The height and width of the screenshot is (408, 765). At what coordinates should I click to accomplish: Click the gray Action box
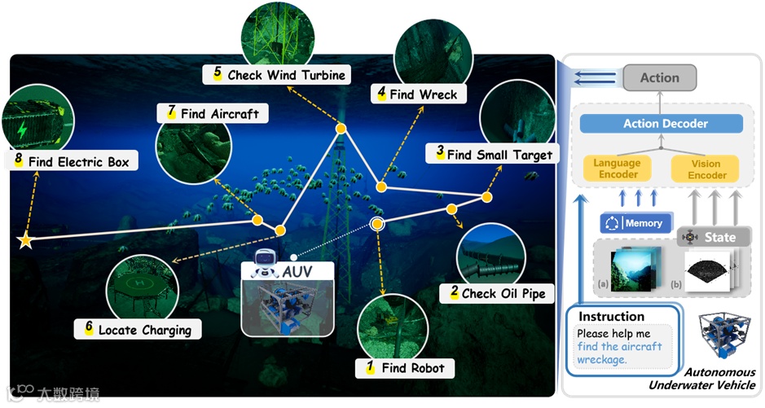click(x=659, y=78)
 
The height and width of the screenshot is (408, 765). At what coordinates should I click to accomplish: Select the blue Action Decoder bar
click(x=662, y=124)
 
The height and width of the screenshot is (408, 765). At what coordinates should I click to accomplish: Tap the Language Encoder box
click(x=617, y=169)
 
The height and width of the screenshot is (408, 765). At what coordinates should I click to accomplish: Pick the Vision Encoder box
click(x=706, y=169)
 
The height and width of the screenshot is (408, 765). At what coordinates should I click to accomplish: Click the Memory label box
click(x=635, y=223)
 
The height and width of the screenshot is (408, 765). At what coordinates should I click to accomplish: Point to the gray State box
click(x=712, y=237)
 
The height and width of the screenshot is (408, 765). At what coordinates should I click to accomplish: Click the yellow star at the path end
click(x=25, y=240)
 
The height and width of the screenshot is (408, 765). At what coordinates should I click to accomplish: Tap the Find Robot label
click(x=405, y=367)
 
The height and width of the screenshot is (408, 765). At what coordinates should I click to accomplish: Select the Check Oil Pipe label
click(x=498, y=292)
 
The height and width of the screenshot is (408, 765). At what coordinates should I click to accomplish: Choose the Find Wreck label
click(x=418, y=94)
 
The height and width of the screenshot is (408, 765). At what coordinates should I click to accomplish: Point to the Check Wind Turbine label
click(x=279, y=74)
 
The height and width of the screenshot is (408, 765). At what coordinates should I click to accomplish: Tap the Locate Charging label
click(x=138, y=330)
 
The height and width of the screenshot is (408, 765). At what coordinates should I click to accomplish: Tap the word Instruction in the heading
click(x=611, y=316)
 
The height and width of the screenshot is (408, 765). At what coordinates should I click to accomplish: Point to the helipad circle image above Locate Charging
click(x=142, y=285)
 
